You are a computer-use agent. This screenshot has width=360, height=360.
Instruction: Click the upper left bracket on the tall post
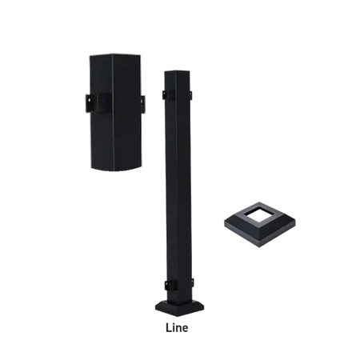165,94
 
